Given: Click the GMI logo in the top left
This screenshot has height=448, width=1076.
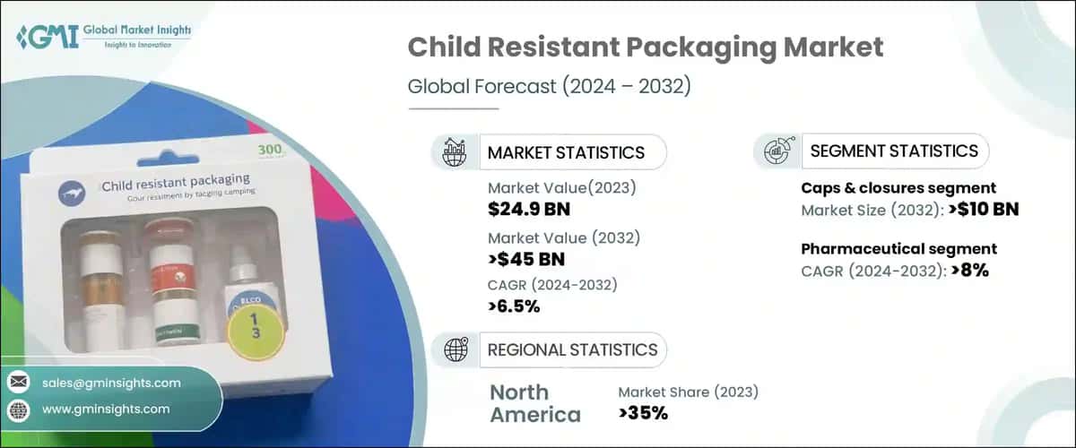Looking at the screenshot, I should tap(104, 38).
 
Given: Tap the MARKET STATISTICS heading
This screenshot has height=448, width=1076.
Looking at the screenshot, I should tap(566, 152).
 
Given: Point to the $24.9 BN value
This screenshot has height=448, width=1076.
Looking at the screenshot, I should tap(529, 210).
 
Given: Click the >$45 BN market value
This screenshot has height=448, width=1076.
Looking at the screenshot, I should tap(528, 260).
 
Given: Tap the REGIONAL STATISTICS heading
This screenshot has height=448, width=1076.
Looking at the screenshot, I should tap(572, 350).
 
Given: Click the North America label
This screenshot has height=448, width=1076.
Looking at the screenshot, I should tap(534, 403).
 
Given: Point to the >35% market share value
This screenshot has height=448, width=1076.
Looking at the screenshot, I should tap(643, 412).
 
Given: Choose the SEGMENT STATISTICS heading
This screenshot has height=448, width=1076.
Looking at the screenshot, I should tap(894, 151).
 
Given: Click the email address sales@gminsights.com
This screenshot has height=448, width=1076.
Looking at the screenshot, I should tap(111, 383).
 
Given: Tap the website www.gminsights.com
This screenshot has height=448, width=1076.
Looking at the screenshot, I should tap(106, 409).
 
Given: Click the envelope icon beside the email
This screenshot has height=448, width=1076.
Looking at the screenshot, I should tap(18, 383).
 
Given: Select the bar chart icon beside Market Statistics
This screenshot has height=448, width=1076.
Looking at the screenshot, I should tap(455, 151).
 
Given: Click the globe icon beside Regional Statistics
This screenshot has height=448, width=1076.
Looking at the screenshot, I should tap(455, 350).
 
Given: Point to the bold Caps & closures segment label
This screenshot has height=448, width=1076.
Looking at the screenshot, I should tap(898, 188).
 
